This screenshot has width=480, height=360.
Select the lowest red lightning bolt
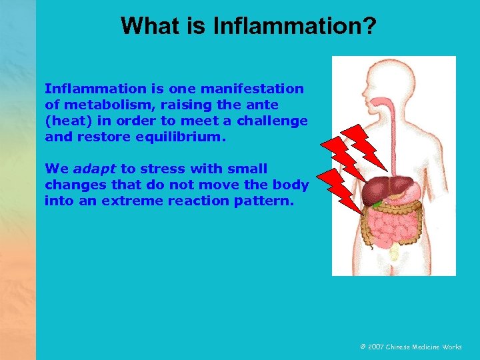tap(337, 187)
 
